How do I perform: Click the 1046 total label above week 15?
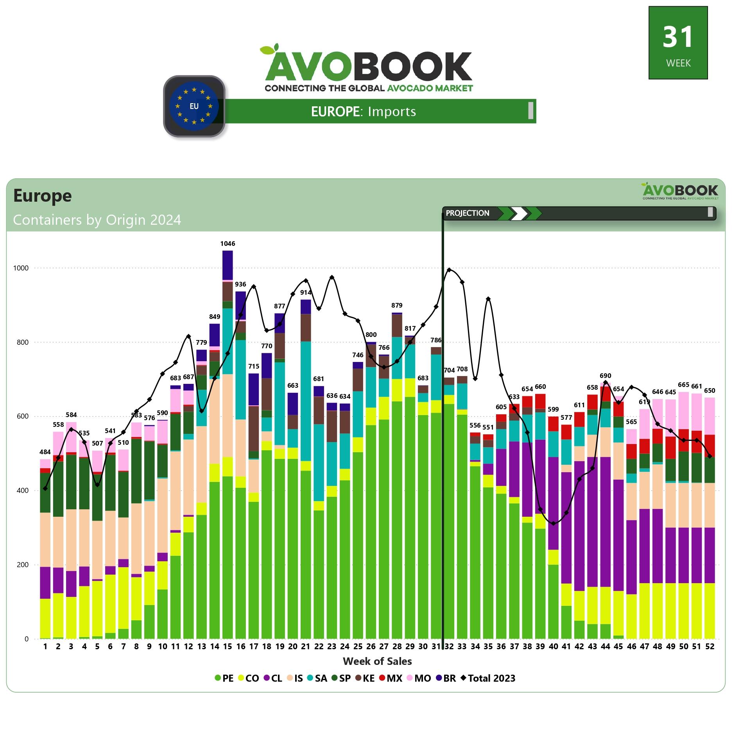228,244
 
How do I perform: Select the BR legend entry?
445,678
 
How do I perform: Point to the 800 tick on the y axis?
22,342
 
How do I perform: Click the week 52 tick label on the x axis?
709,647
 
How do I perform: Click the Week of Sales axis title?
377,661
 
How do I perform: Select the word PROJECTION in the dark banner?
467,213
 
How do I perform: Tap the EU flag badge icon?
194,106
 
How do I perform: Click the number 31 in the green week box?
678,37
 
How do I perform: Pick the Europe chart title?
43,195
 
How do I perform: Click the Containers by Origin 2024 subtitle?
97,220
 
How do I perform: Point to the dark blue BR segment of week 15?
228,265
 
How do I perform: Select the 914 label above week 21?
306,292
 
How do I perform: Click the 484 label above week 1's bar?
45,452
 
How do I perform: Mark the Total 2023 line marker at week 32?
449,270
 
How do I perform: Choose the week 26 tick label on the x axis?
371,647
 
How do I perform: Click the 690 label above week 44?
605,376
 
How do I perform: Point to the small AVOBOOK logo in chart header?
680,191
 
